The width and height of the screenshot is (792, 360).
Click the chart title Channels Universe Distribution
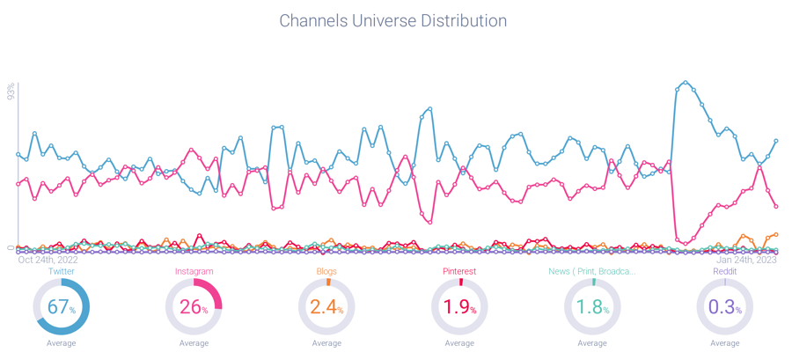(x=392, y=19)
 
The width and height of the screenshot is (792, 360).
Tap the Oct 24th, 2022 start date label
(x=48, y=260)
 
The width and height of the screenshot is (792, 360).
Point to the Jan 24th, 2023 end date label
(x=746, y=260)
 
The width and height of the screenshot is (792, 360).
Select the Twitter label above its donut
(x=61, y=272)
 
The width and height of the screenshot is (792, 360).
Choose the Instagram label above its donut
(x=194, y=272)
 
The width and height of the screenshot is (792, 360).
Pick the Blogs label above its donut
(x=326, y=272)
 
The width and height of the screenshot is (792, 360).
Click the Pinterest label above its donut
(x=459, y=272)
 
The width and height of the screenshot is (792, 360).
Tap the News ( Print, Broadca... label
(x=592, y=272)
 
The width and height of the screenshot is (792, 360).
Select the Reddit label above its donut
(x=725, y=272)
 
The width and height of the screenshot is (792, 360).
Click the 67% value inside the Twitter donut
(x=61, y=308)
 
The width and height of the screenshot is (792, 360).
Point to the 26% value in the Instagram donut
(x=194, y=308)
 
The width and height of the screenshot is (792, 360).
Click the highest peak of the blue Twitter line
(x=686, y=83)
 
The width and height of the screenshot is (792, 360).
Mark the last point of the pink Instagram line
(x=776, y=207)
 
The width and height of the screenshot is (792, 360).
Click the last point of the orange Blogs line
(x=776, y=234)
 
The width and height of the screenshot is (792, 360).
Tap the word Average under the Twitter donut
(x=61, y=343)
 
